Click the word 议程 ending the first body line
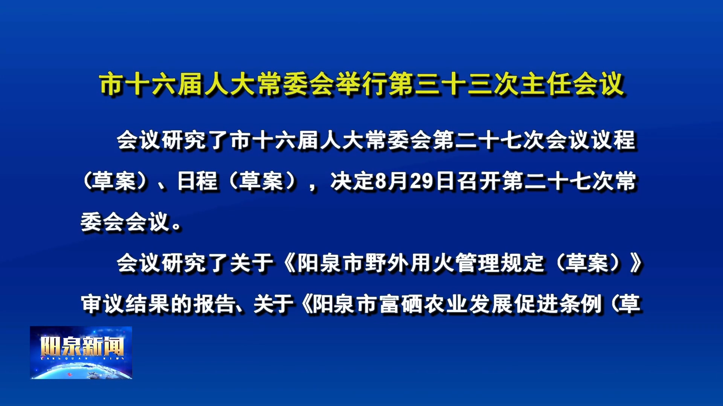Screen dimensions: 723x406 coord(614,140)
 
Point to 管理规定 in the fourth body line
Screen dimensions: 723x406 coord(500,263)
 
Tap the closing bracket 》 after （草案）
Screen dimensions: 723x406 coord(636,263)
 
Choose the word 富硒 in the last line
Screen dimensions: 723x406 coord(401,304)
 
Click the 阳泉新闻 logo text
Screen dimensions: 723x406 coord(82,346)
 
